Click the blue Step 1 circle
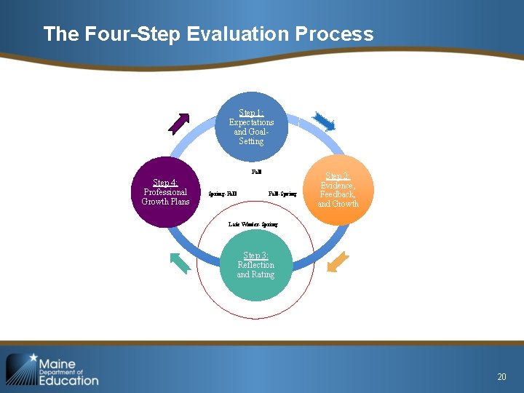pyautogui.click(x=251, y=128)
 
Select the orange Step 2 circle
pyautogui.click(x=338, y=191)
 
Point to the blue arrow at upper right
pyautogui.click(x=323, y=122)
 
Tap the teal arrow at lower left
pyautogui.click(x=180, y=262)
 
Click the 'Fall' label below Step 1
pyautogui.click(x=256, y=172)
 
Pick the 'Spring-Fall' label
pyautogui.click(x=223, y=194)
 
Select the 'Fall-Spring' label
pyautogui.click(x=282, y=194)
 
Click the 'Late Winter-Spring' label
pyautogui.click(x=253, y=225)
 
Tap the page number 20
pyautogui.click(x=501, y=376)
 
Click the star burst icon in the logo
pyautogui.click(x=21, y=368)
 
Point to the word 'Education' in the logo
pyautogui.click(x=68, y=380)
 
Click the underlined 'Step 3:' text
pyautogui.click(x=255, y=255)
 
